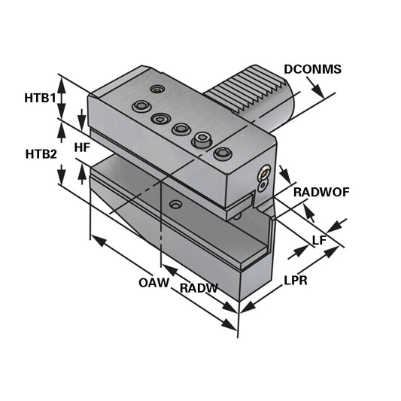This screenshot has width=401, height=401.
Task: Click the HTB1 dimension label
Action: click(x=39, y=98)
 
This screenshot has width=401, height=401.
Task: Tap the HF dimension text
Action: click(x=83, y=148)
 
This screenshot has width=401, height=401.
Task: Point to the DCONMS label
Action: click(x=312, y=69)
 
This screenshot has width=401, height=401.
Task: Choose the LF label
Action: click(x=319, y=240)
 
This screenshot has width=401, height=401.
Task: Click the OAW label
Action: click(x=152, y=283)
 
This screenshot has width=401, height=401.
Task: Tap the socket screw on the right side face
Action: click(x=263, y=176)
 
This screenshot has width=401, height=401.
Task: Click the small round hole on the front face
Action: click(x=175, y=205)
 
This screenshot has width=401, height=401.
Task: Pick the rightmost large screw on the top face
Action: click(x=222, y=153)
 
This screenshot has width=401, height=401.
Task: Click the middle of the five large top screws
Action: click(x=181, y=129)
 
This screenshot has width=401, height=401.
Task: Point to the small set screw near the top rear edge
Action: click(x=156, y=90)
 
